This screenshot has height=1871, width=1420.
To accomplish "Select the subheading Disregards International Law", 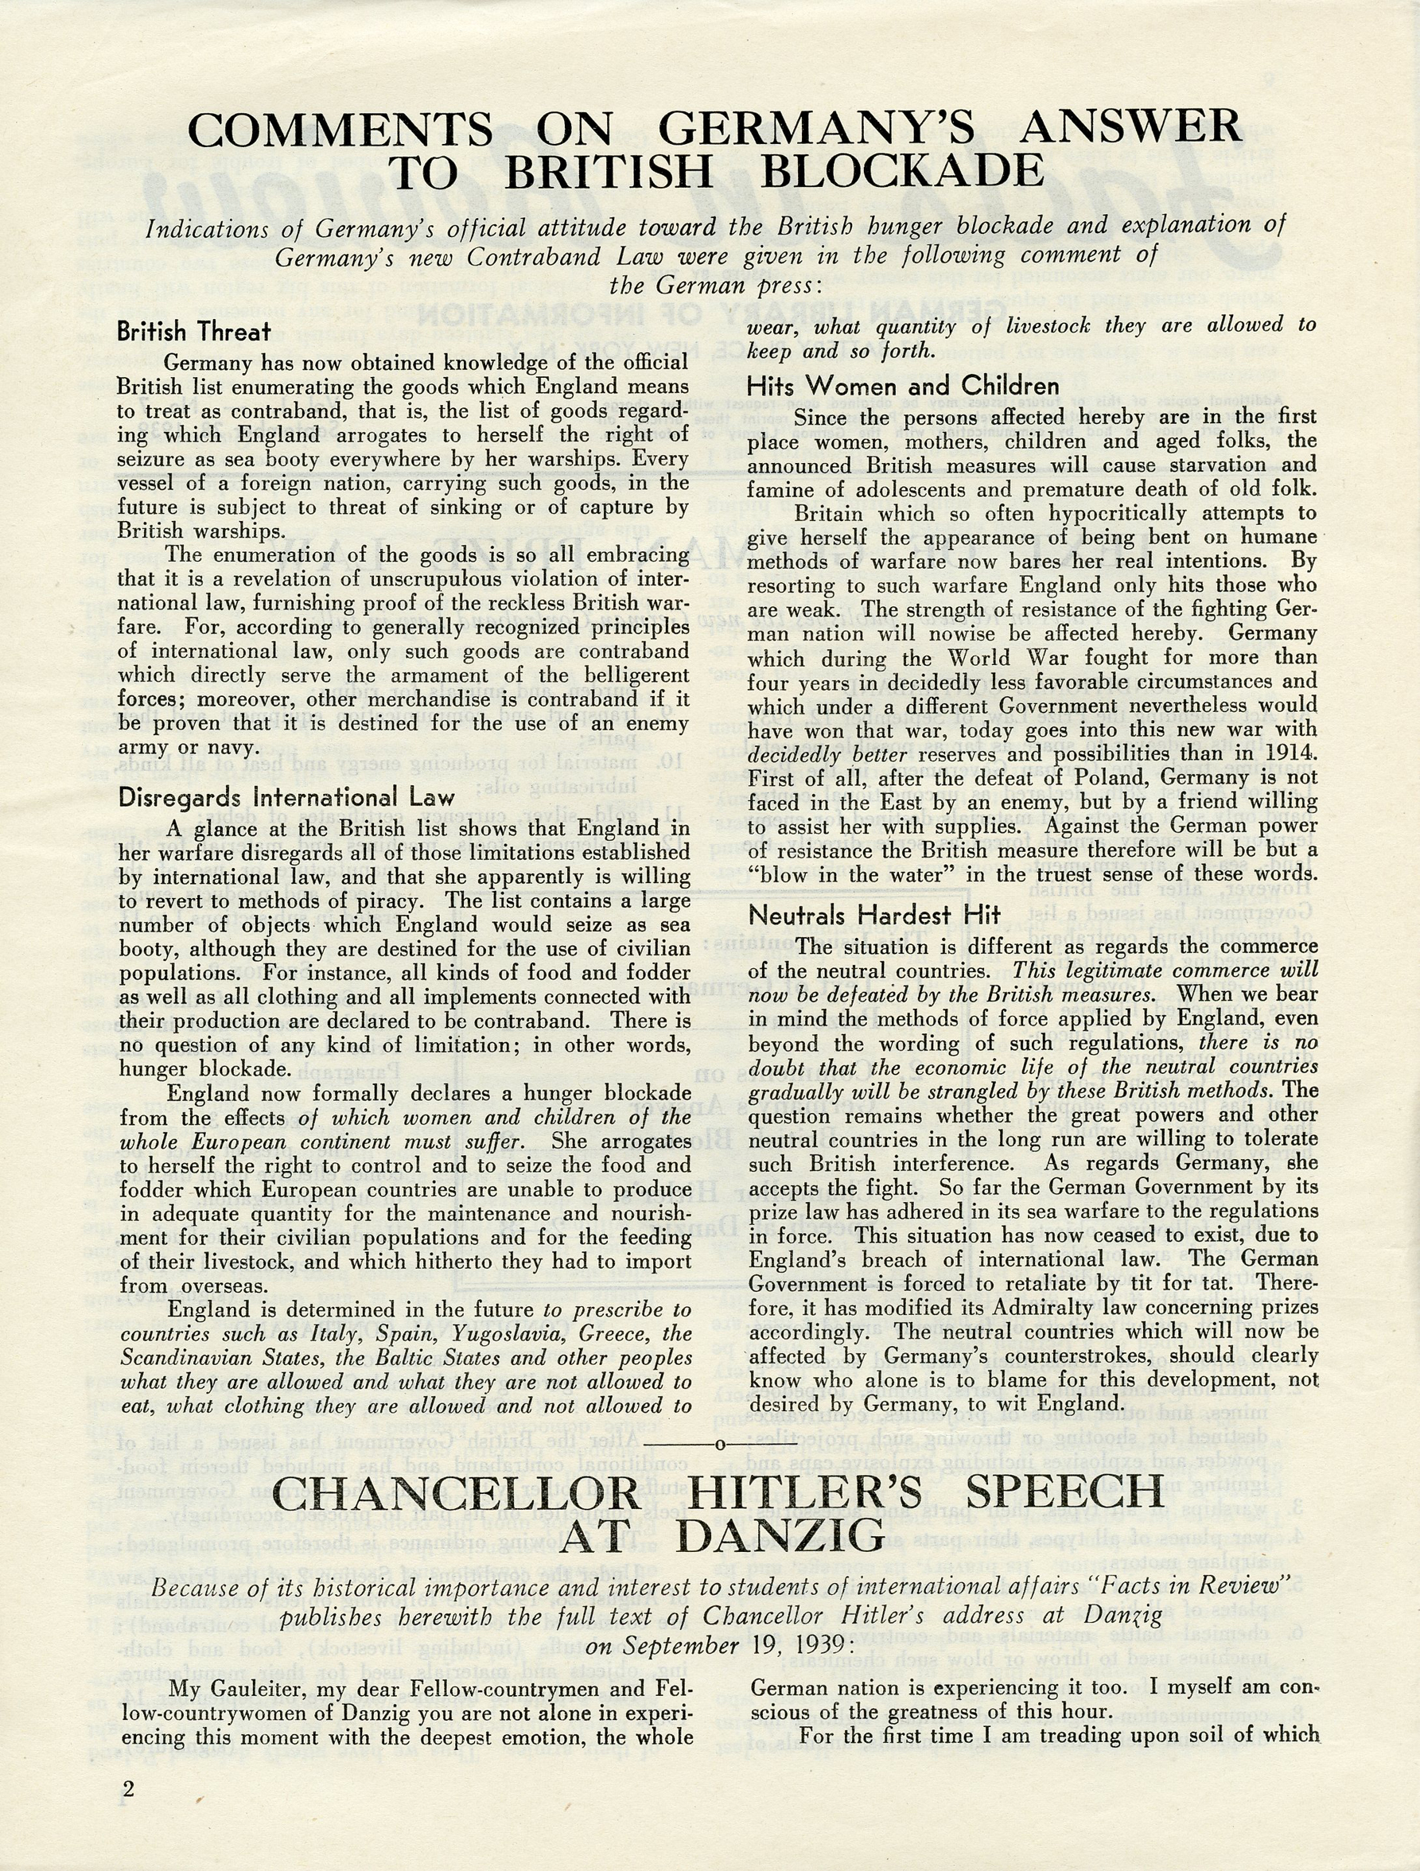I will (x=286, y=797).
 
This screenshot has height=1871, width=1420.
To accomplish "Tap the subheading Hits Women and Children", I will (x=902, y=387).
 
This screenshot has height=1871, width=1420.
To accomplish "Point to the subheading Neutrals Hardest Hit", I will (x=874, y=914).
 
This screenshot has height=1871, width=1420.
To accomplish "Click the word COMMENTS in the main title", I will (x=339, y=130).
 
